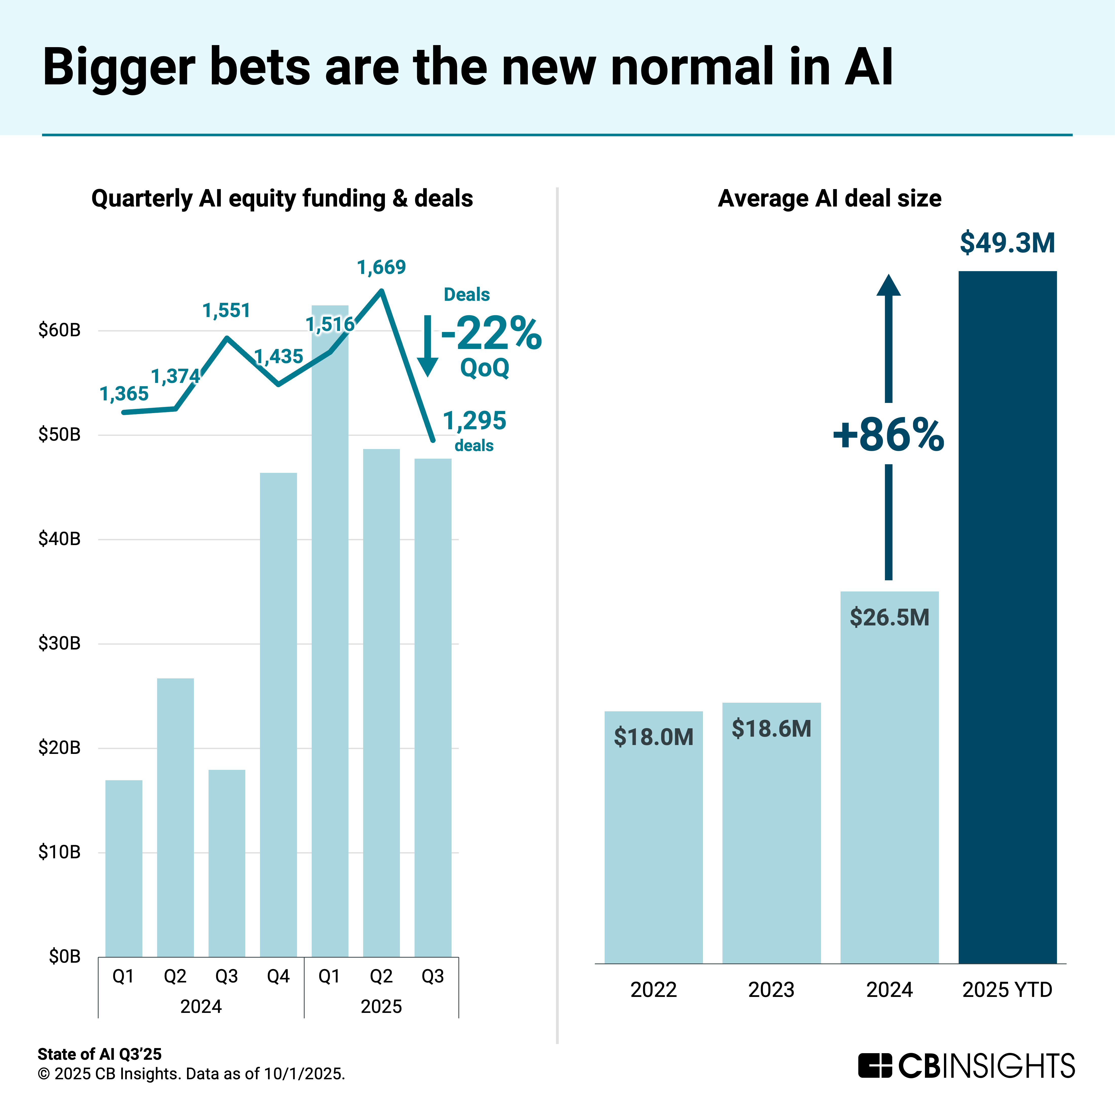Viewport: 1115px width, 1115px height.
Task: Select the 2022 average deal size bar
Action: click(x=653, y=837)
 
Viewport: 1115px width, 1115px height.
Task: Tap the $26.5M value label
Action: click(x=889, y=618)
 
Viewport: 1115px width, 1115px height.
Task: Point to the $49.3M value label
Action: click(x=1007, y=243)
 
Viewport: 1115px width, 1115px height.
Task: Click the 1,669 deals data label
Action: click(x=381, y=267)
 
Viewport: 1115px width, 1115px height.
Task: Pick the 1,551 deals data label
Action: click(x=226, y=310)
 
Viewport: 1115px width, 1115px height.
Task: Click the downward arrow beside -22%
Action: click(x=428, y=346)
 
